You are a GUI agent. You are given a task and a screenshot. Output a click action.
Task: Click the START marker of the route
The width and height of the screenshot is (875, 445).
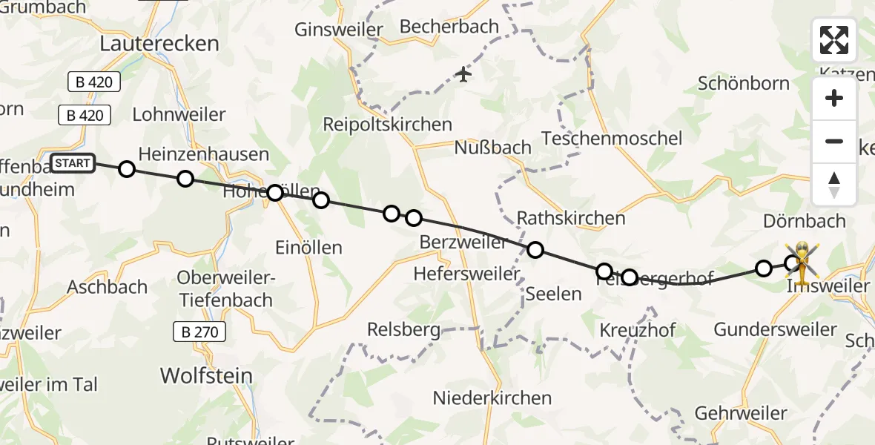72,163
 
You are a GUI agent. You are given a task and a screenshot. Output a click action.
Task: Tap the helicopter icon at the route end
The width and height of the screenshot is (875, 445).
803,260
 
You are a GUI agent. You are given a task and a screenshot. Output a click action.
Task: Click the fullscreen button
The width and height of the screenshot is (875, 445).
834,40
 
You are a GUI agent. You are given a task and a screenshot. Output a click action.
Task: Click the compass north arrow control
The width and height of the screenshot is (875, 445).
834,185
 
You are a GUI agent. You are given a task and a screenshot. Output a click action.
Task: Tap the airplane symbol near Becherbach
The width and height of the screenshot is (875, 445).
463,74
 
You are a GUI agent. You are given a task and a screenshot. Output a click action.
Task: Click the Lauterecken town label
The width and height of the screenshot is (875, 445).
160,44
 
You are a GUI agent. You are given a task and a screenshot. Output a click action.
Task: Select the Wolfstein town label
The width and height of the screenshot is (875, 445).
207,375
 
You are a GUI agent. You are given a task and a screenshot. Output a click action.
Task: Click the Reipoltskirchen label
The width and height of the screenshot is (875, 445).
387,125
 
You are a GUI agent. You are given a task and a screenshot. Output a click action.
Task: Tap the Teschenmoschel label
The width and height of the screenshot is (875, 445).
612,138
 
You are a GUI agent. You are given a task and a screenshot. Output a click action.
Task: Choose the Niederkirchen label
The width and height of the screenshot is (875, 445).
493,398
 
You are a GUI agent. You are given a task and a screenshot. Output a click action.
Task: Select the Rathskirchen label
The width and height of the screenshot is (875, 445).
571,218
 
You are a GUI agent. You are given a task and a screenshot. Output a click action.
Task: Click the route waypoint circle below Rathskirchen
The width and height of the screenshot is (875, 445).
535,250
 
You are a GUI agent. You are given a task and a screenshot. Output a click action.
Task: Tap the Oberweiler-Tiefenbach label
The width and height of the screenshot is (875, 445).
225,289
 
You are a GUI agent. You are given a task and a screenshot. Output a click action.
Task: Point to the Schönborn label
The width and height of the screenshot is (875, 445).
744,83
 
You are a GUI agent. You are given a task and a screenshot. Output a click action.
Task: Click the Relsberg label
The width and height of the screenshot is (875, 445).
404,329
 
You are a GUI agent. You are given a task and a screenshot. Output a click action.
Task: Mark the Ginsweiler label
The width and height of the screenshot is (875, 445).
339,30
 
